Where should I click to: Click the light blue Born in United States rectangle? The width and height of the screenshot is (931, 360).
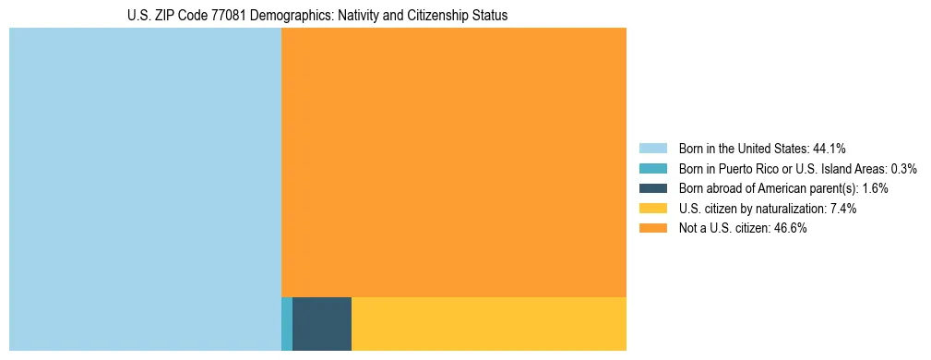click(x=145, y=189)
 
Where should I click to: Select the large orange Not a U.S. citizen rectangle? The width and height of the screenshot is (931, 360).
click(x=453, y=162)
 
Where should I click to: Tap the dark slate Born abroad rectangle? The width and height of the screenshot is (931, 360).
click(x=322, y=323)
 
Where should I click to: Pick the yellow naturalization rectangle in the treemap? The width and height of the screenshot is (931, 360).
click(x=489, y=323)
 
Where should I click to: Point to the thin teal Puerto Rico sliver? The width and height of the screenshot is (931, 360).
click(x=287, y=323)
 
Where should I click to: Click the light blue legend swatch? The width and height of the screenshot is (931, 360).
click(x=652, y=148)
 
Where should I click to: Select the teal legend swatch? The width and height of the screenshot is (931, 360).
click(x=652, y=168)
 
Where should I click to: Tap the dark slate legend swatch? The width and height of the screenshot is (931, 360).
click(x=652, y=188)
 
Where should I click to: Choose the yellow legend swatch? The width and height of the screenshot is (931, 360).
click(x=652, y=209)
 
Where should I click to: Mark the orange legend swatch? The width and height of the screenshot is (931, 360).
click(x=652, y=229)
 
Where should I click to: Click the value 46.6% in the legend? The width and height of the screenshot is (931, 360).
click(x=792, y=229)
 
